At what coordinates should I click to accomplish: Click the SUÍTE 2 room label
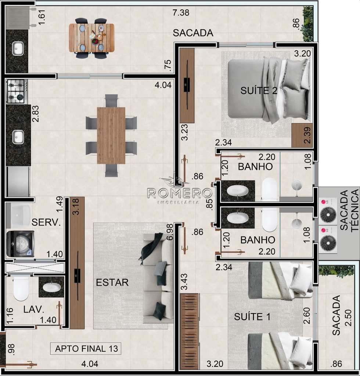coord(259,91)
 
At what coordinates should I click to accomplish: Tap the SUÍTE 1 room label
coord(252,317)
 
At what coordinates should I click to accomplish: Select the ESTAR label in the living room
coord(112,282)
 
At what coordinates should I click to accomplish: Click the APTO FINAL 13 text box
coord(86,348)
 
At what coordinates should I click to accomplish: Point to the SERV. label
coord(46,223)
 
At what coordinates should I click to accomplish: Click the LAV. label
coord(34,309)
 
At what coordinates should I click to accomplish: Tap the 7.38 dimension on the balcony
coord(181,12)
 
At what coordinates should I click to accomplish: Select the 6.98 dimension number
coord(170,232)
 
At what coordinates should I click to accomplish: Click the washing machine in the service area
coord(20,244)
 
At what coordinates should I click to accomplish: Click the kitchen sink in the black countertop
coord(18,137)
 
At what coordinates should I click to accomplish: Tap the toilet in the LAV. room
coord(21,289)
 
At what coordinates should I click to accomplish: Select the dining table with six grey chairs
coord(111,136)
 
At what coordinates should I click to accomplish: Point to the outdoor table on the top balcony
coord(91,38)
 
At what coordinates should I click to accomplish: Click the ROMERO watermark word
coord(179,193)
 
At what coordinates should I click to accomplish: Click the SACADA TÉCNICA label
coord(349,210)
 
